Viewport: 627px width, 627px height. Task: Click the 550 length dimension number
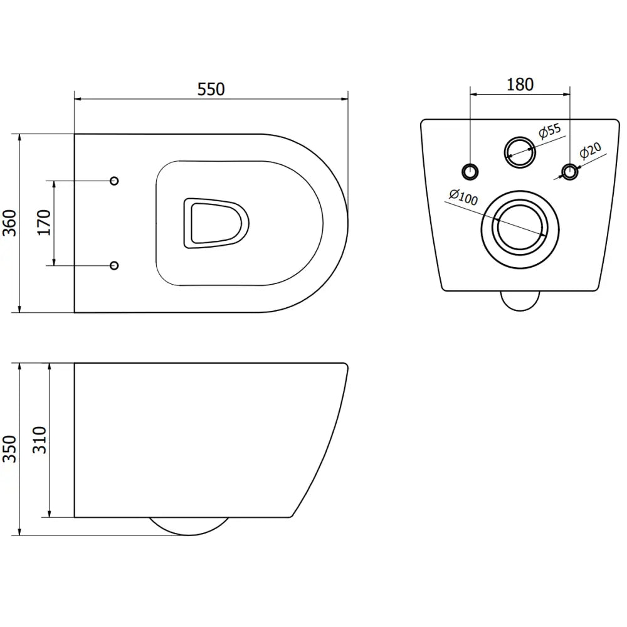click(211, 89)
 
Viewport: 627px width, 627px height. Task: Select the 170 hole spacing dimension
click(45, 223)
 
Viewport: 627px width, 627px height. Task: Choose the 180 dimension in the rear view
click(519, 84)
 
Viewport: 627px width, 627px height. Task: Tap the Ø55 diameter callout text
click(550, 131)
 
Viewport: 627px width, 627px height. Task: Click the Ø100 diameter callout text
click(463, 197)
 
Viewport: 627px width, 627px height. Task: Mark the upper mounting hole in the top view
click(114, 181)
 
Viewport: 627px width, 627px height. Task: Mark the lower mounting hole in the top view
click(114, 265)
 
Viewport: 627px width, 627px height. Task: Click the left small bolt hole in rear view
click(470, 170)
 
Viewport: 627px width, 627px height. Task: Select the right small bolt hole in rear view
click(569, 171)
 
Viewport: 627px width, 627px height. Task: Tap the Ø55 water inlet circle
click(520, 151)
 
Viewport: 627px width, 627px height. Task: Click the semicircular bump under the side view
click(189, 526)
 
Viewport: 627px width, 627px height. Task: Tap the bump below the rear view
click(522, 302)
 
